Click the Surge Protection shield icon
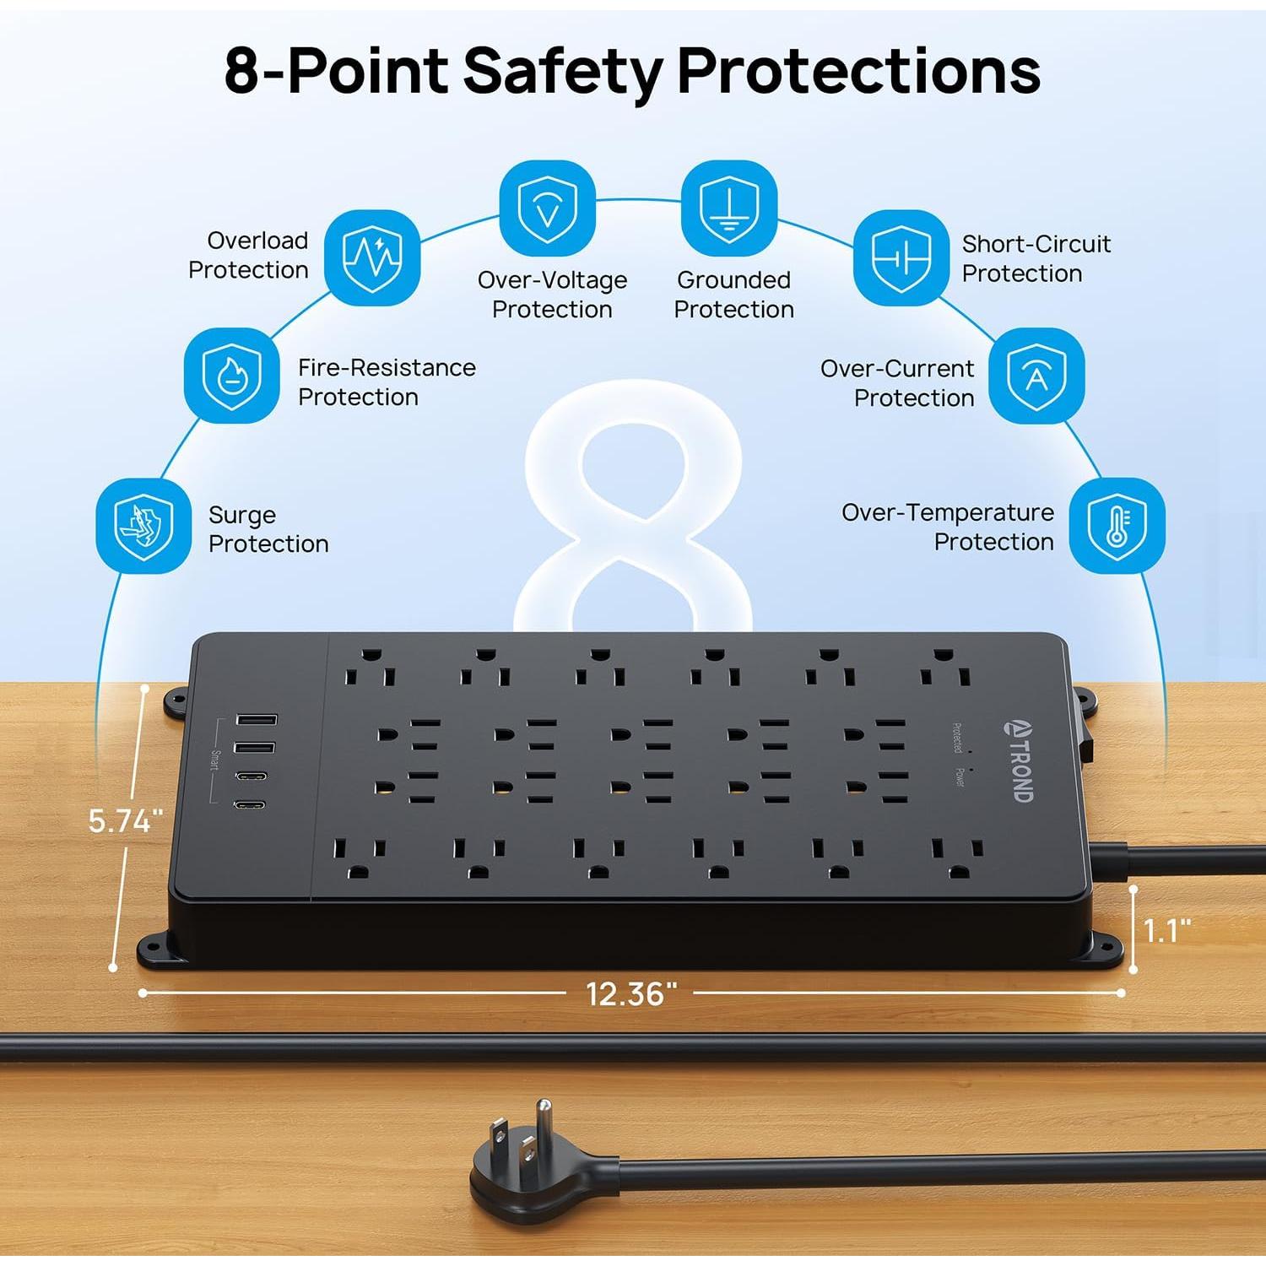[143, 526]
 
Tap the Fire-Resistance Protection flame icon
[232, 376]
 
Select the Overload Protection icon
[372, 257]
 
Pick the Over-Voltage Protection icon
[548, 208]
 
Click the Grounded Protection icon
[729, 208]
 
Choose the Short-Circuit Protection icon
[901, 257]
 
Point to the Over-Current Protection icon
[1036, 376]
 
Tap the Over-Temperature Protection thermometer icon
[1117, 526]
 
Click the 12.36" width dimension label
[631, 994]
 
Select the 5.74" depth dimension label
[126, 820]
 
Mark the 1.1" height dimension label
[1167, 931]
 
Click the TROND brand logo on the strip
[1020, 760]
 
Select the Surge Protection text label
[268, 529]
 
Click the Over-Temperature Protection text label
[948, 527]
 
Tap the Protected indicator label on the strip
[957, 738]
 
